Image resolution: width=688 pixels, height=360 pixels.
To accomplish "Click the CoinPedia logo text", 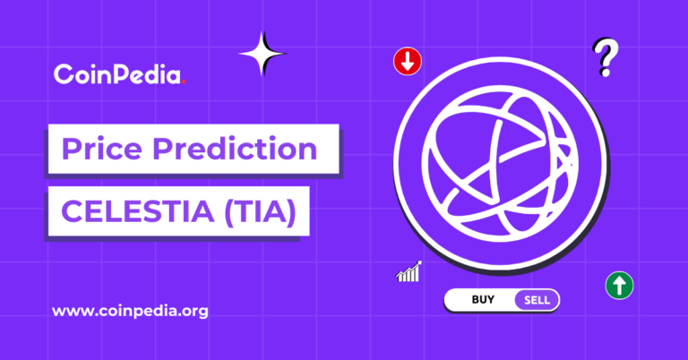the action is (119, 74).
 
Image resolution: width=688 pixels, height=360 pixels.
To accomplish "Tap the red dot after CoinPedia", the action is (184, 81).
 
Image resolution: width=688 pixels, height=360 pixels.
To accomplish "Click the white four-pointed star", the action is (262, 54).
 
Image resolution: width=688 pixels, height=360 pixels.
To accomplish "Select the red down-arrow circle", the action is (408, 62).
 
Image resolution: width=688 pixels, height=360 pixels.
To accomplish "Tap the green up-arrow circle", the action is (619, 286).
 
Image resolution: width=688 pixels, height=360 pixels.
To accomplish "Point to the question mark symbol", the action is (606, 57).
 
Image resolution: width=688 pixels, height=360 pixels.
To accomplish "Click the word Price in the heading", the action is (102, 149).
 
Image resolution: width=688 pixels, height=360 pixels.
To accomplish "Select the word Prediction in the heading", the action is (235, 149).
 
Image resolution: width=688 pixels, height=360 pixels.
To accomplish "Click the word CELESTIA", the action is (137, 211).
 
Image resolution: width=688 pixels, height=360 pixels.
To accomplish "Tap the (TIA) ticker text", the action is (260, 212).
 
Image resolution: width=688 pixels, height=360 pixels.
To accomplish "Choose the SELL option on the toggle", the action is (537, 300).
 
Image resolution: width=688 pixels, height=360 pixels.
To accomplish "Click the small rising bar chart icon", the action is (408, 271).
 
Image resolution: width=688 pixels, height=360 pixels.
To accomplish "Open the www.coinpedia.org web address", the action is (130, 312).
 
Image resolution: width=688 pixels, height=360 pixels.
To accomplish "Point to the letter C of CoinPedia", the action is (64, 74).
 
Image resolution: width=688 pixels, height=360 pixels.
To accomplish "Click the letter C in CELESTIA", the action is (71, 211).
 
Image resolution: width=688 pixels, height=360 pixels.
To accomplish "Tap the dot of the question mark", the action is (605, 72).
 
